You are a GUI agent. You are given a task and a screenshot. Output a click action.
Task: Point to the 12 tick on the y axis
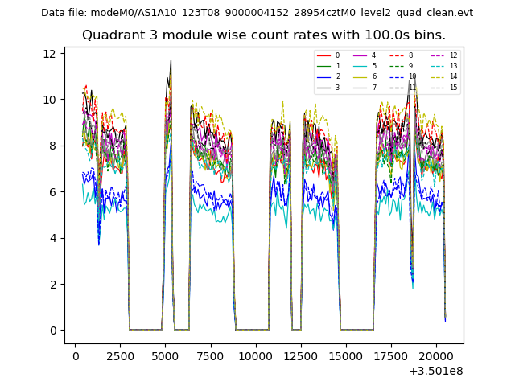(50, 54)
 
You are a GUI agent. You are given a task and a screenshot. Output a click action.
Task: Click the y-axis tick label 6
(53, 192)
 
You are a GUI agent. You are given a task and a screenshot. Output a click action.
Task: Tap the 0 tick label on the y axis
(53, 331)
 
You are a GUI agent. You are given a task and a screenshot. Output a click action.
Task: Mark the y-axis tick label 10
(50, 100)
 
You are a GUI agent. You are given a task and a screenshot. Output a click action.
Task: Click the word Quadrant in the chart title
(110, 35)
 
